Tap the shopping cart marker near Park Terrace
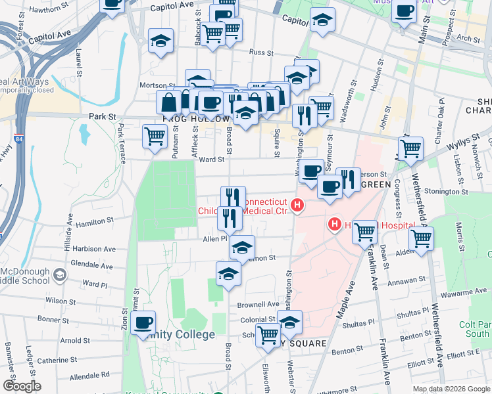(x=155, y=137)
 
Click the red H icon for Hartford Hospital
(x=334, y=225)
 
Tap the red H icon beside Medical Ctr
(x=298, y=206)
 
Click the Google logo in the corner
(x=21, y=386)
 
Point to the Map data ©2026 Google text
(x=451, y=389)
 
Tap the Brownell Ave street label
(x=258, y=305)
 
